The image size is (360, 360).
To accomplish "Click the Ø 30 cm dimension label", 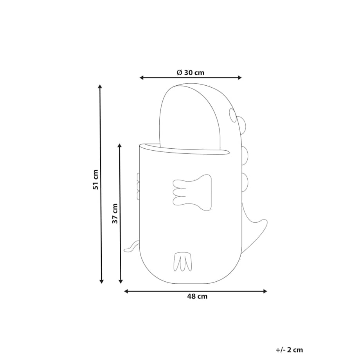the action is coord(190,72).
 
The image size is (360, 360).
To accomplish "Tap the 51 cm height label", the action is coord(95,180).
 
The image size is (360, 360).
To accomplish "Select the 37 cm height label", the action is coord(115,214).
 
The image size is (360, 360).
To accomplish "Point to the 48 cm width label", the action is coord(197,296).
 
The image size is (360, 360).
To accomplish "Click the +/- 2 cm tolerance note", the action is coord(289,350).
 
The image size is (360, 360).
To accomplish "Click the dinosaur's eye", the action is coord(232,115).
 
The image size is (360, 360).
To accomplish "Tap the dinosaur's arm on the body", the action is coord(192,193).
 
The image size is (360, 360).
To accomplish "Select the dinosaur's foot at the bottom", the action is coord(182,262).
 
